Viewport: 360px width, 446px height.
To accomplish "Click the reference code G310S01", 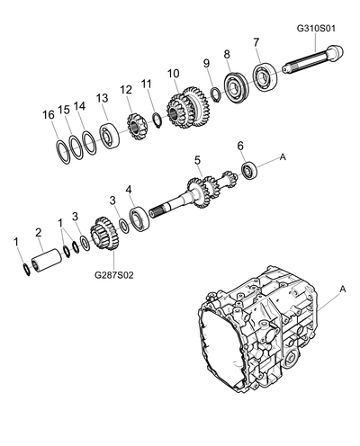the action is click(x=316, y=29).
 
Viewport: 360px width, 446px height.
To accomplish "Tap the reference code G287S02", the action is click(x=114, y=275).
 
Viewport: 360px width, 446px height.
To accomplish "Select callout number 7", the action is click(x=256, y=42).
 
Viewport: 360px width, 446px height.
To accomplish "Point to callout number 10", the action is click(x=174, y=74).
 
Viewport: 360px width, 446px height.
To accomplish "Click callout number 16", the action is click(x=49, y=114).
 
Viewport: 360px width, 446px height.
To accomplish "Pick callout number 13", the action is click(x=102, y=98).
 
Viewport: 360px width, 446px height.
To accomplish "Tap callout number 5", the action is click(x=197, y=160).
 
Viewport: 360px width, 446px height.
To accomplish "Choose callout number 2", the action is click(x=38, y=232).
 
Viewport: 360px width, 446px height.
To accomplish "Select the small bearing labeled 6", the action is click(x=249, y=171).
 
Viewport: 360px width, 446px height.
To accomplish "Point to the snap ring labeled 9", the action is click(x=216, y=94).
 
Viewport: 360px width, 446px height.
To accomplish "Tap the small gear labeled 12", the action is click(x=137, y=126).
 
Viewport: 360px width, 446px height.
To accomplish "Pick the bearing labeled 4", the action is click(x=140, y=219).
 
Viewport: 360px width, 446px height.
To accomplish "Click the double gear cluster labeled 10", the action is click(x=188, y=108).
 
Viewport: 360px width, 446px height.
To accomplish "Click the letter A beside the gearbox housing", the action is click(x=343, y=290).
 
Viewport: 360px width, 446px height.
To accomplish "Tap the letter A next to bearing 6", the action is click(x=283, y=156).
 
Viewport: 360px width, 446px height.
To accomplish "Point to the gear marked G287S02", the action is click(x=103, y=234).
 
